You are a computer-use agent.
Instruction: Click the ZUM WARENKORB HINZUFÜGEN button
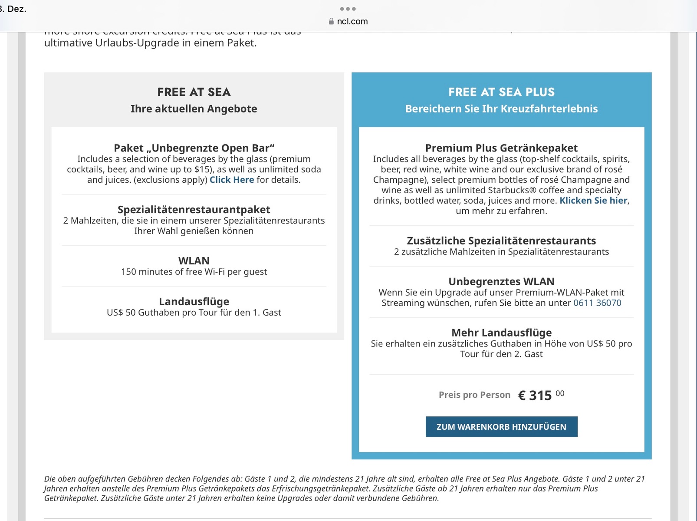[501, 427]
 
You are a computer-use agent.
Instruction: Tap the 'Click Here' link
[232, 180]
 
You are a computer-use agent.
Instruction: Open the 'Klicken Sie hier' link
[593, 201]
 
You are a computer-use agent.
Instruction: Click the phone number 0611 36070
[597, 303]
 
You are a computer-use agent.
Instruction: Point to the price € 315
[536, 396]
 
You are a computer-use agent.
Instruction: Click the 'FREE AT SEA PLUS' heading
[501, 92]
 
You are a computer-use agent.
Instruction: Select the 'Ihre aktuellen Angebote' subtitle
[194, 109]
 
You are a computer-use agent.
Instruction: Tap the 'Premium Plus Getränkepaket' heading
[501, 148]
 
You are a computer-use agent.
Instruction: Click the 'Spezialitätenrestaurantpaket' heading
[194, 210]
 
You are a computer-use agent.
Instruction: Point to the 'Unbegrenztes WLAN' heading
[501, 281]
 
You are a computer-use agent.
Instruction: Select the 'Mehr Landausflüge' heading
[501, 333]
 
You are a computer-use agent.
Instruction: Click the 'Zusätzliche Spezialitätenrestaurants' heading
[501, 241]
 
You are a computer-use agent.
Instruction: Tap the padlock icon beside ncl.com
[332, 21]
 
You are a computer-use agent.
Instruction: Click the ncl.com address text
[352, 21]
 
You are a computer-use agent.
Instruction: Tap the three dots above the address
[348, 9]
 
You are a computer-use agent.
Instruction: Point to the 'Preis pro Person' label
[474, 395]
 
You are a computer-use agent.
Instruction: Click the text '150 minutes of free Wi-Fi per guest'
[194, 272]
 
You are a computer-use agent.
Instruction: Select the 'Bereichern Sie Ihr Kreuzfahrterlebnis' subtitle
[501, 109]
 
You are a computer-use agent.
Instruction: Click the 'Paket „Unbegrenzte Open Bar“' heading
[194, 148]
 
